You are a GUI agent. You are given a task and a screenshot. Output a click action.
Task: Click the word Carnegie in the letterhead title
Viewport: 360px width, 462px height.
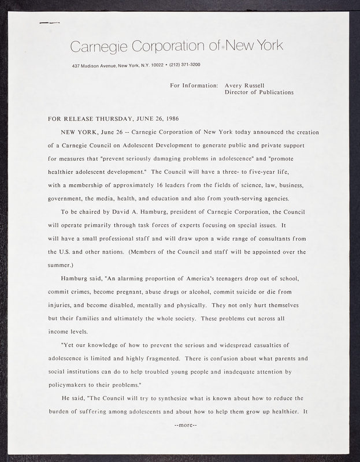point(98,46)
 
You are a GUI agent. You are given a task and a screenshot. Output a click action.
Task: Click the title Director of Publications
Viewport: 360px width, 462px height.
point(258,92)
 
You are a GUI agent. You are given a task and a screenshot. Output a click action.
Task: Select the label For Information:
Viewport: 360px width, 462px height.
point(194,85)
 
